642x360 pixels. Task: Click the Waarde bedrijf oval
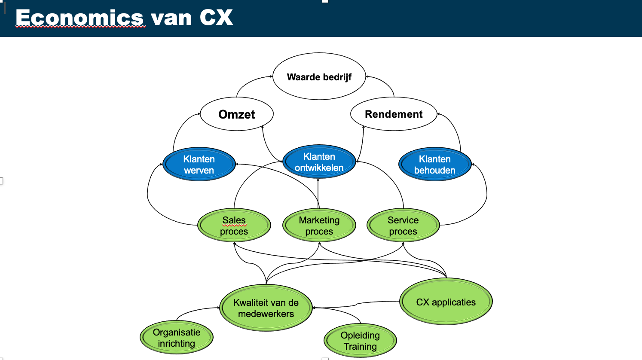pos(319,77)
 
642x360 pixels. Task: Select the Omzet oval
pos(236,114)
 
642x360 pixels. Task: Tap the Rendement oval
pos(394,114)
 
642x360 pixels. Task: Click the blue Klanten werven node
pos(199,165)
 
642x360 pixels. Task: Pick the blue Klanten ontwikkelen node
pos(319,162)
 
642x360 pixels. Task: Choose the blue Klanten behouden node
pos(434,165)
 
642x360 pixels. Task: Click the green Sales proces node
pos(234,226)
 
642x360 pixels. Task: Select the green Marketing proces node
pos(319,226)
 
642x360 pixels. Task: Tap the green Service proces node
pos(403,226)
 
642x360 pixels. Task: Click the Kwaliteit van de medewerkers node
pos(266,308)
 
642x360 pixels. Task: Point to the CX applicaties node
pos(446,302)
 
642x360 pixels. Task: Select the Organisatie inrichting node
pos(176,338)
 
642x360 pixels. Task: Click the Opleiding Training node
pos(360,341)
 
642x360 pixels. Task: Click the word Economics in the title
pos(80,18)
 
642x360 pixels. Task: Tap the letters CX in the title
pos(216,18)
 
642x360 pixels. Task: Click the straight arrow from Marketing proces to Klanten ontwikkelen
pos(318,193)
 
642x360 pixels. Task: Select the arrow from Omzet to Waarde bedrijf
pos(249,81)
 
